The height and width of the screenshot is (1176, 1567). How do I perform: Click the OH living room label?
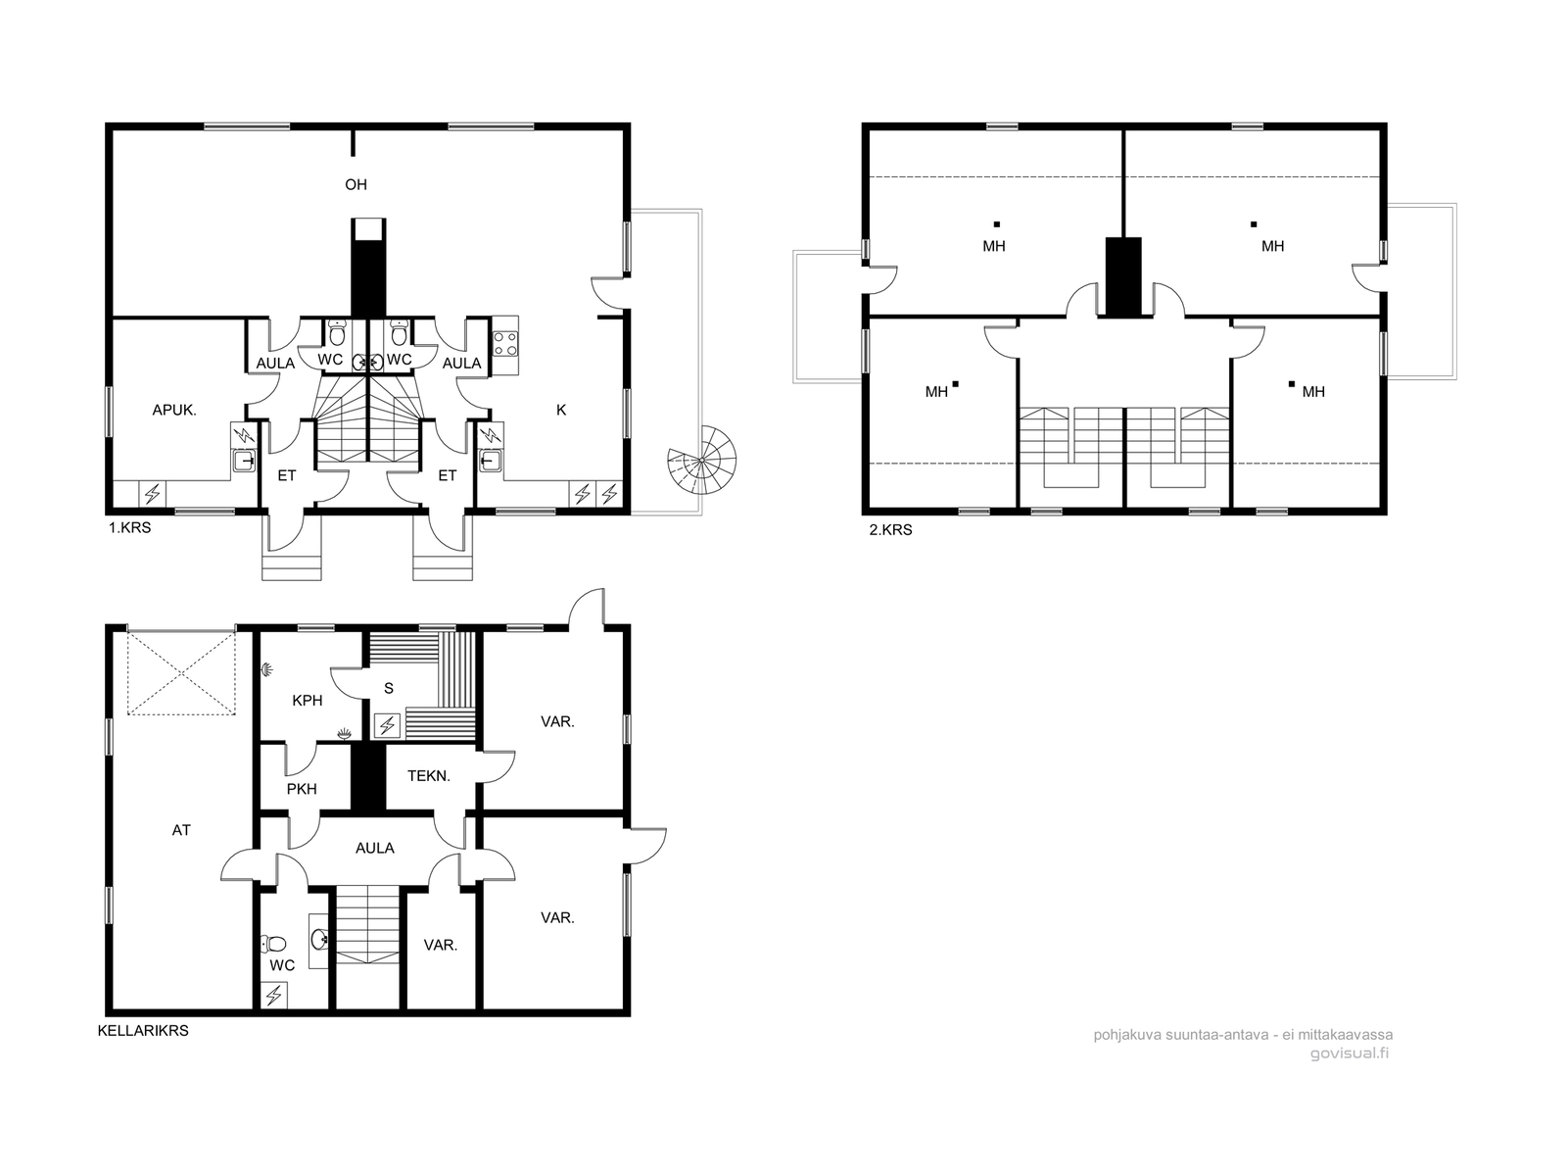click(x=356, y=185)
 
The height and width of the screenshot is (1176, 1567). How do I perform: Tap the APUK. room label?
click(x=174, y=410)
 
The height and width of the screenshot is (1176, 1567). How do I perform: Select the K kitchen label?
click(x=561, y=410)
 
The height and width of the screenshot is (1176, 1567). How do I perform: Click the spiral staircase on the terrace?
click(x=702, y=461)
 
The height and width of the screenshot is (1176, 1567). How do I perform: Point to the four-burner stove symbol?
click(x=504, y=343)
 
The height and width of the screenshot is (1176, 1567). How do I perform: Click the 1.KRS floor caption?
click(x=129, y=528)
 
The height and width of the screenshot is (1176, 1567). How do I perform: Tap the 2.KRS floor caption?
click(x=890, y=530)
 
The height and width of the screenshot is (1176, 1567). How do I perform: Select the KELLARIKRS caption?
click(x=143, y=1030)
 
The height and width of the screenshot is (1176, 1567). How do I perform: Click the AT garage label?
click(x=181, y=830)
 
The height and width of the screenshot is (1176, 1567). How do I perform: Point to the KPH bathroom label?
click(x=307, y=701)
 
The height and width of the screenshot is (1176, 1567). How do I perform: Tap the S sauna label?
click(x=389, y=688)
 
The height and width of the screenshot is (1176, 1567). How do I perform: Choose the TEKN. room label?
click(x=428, y=776)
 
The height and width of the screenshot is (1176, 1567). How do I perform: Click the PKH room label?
click(x=302, y=789)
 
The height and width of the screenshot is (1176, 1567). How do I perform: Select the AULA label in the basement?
click(x=375, y=848)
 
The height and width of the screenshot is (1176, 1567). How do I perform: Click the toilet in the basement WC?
click(x=272, y=943)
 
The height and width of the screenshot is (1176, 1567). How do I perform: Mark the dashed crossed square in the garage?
click(x=181, y=672)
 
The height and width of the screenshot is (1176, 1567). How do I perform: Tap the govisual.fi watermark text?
click(x=1350, y=1053)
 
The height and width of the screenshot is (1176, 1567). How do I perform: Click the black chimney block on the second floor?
click(x=1123, y=276)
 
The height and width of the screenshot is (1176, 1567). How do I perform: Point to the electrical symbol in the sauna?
click(x=387, y=726)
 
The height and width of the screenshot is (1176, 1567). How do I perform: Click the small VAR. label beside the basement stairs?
click(x=440, y=945)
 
